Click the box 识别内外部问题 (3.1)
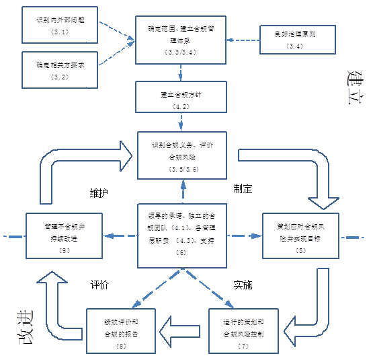click(61, 26)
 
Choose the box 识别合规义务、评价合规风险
click(178, 155)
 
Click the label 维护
click(99, 192)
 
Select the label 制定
click(243, 189)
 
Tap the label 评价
click(99, 285)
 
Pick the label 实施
click(243, 285)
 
